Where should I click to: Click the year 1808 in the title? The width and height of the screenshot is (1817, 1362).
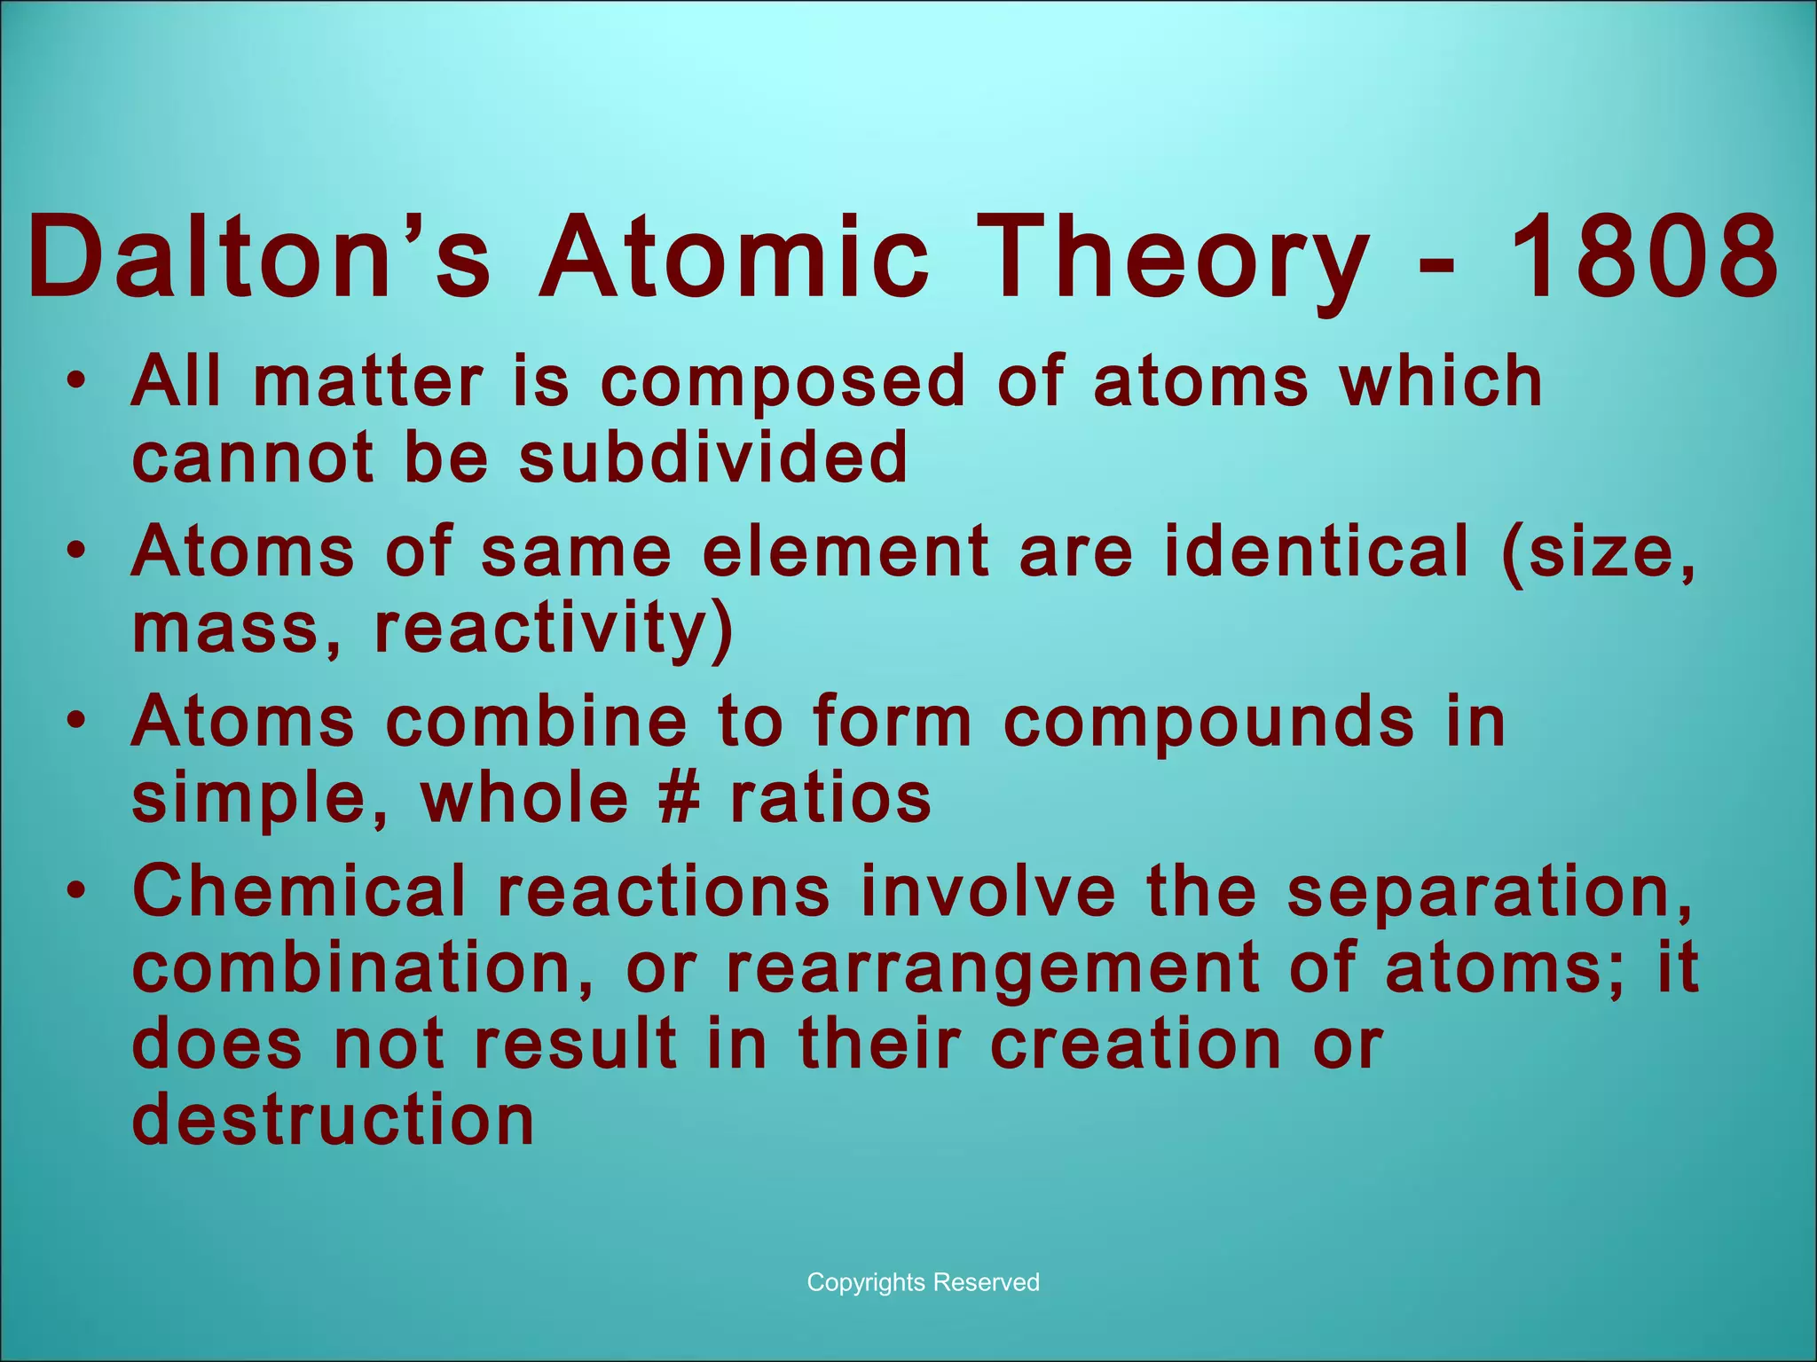[1641, 258]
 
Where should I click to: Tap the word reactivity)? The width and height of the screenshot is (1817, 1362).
[554, 629]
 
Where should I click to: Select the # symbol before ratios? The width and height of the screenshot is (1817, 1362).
[680, 797]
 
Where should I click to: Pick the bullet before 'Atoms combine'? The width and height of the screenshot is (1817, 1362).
[77, 722]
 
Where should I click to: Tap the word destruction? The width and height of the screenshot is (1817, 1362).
[333, 1120]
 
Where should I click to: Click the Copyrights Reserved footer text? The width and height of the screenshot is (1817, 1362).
[923, 1282]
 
